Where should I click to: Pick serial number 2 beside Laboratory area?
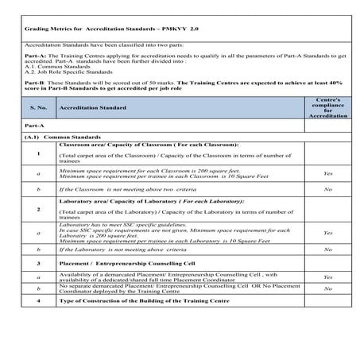point(38,210)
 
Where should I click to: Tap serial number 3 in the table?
point(38,262)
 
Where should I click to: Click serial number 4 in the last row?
point(38,301)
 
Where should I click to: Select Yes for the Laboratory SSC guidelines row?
point(328,232)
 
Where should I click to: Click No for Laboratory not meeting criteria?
point(328,250)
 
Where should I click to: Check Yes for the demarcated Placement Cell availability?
point(328,277)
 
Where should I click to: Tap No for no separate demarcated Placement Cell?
point(328,289)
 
